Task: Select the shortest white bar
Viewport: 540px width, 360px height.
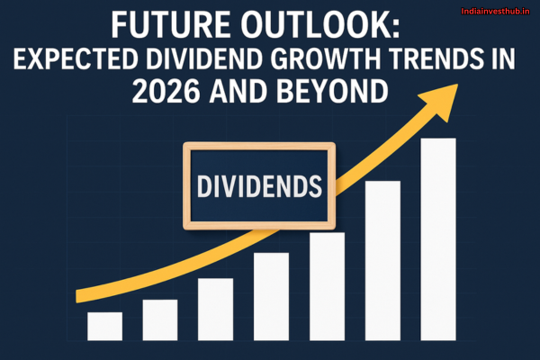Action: (x=105, y=326)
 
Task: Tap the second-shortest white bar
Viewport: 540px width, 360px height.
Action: (x=160, y=319)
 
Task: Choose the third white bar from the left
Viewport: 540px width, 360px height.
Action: (x=216, y=309)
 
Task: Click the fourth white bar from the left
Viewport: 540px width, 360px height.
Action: (x=271, y=296)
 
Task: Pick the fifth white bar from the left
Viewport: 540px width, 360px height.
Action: (x=327, y=286)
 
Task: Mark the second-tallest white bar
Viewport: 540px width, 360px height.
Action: (x=382, y=260)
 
